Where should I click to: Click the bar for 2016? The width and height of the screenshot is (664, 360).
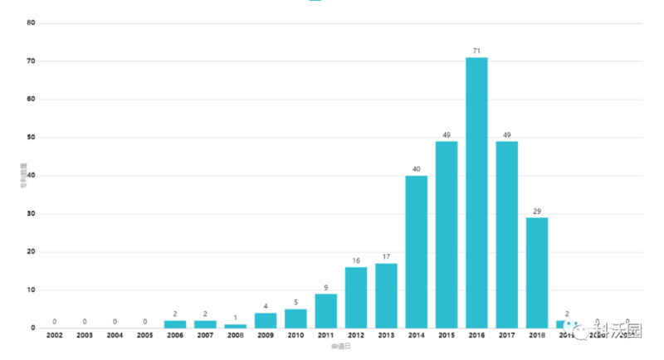click(x=476, y=192)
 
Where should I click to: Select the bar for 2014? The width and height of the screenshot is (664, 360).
click(x=416, y=251)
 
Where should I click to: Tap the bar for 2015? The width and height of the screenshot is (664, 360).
click(x=447, y=234)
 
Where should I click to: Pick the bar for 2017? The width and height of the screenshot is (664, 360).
click(x=506, y=234)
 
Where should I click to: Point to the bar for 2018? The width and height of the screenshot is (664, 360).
click(x=537, y=272)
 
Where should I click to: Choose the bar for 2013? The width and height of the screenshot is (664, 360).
click(x=386, y=295)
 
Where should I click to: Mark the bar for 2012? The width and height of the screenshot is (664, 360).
click(x=356, y=297)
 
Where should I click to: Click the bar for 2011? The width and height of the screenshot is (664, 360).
click(x=326, y=310)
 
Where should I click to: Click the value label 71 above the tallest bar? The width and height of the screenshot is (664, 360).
click(x=476, y=51)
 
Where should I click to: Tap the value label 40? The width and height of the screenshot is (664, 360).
click(x=416, y=169)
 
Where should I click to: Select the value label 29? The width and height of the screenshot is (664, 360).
click(x=537, y=212)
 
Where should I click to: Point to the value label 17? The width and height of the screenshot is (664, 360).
click(x=386, y=257)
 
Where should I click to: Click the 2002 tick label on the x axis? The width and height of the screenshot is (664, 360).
click(x=55, y=335)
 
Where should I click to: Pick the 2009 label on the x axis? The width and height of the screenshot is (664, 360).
click(x=266, y=335)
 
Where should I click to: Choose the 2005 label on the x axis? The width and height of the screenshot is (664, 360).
click(x=145, y=335)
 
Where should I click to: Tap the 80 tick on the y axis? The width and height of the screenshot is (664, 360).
click(x=31, y=23)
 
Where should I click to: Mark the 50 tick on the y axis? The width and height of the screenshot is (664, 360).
click(x=31, y=138)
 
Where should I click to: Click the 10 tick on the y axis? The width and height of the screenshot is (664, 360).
click(x=31, y=290)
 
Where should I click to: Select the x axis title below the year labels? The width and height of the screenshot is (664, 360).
click(x=340, y=347)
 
